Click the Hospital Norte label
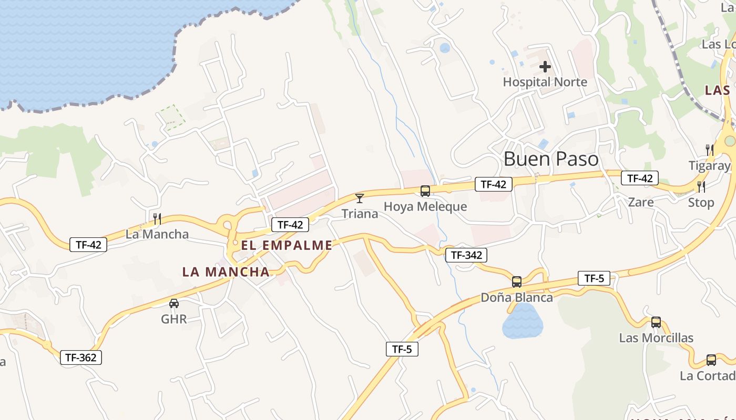click(545, 82)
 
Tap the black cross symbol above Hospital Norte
click(545, 67)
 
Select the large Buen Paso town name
click(551, 159)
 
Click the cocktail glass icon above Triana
click(360, 198)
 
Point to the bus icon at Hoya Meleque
click(425, 191)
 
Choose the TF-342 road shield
click(466, 255)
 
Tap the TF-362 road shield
click(80, 358)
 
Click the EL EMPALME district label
click(287, 245)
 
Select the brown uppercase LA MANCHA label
click(226, 272)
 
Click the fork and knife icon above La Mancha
click(157, 218)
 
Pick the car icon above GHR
click(173, 303)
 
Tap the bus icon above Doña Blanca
click(517, 282)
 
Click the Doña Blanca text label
click(517, 298)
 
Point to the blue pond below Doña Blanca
click(522, 321)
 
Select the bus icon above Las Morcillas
click(656, 322)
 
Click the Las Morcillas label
click(656, 338)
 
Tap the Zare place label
click(641, 202)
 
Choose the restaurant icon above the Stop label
click(701, 186)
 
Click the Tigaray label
click(710, 166)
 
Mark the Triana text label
click(360, 214)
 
